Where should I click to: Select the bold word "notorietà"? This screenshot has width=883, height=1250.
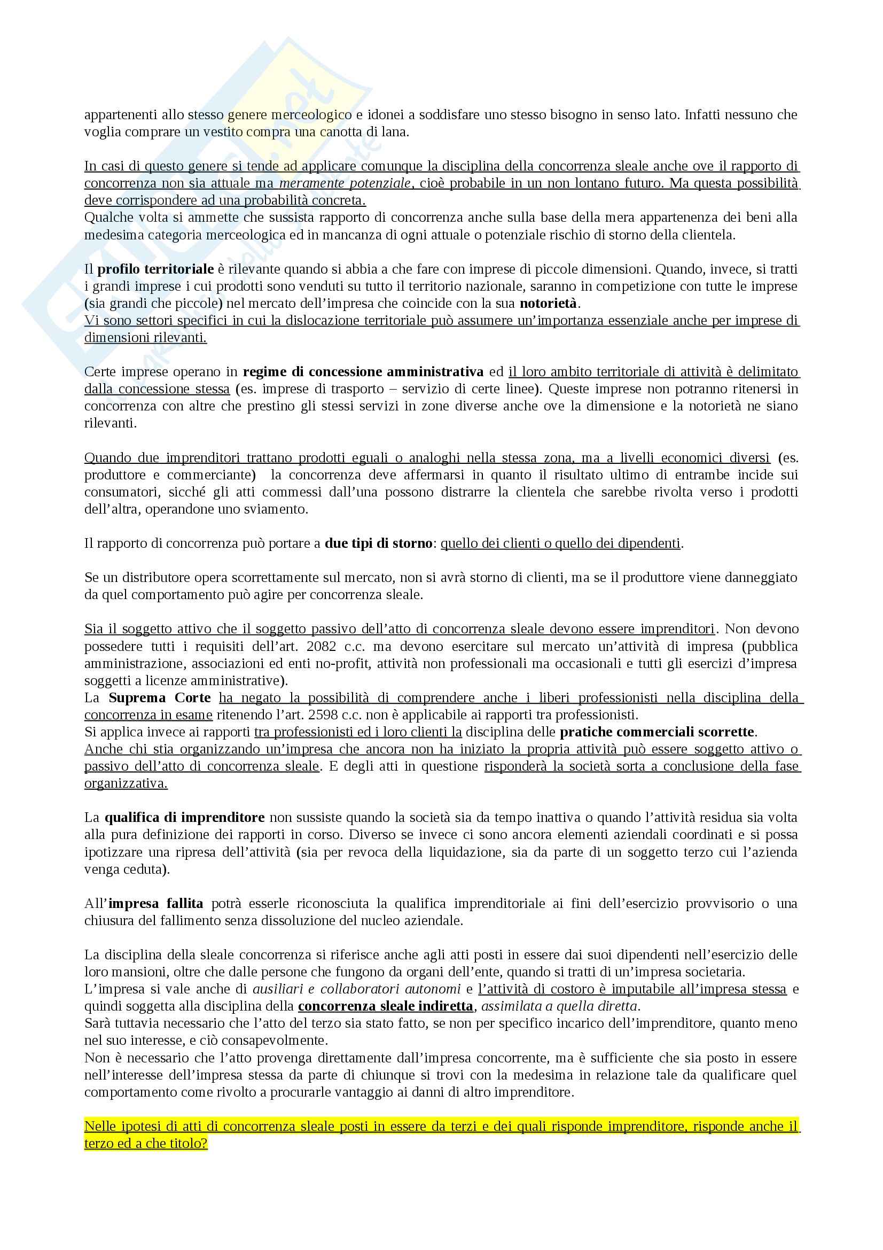coord(550,303)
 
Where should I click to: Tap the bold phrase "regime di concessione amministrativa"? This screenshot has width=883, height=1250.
coord(363,372)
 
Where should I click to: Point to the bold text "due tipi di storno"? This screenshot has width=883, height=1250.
coord(379,544)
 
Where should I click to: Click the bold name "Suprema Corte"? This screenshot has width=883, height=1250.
coord(159,697)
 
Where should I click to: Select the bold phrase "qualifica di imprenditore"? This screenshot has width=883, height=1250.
coord(184,817)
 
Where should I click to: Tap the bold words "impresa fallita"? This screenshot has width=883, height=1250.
coord(155,903)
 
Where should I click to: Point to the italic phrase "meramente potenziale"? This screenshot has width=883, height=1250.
coord(345,183)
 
